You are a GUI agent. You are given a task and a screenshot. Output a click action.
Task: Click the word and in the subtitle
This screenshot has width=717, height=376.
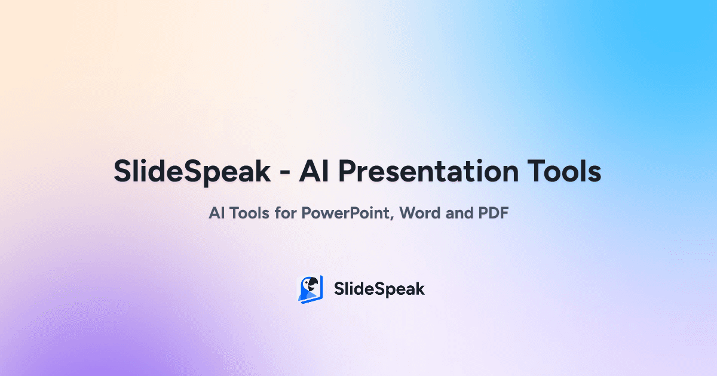pos(459,213)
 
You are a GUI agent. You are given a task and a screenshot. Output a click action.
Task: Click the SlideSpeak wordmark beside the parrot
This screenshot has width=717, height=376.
pos(379,289)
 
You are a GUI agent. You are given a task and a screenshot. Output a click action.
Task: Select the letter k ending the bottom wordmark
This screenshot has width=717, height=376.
pos(419,289)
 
